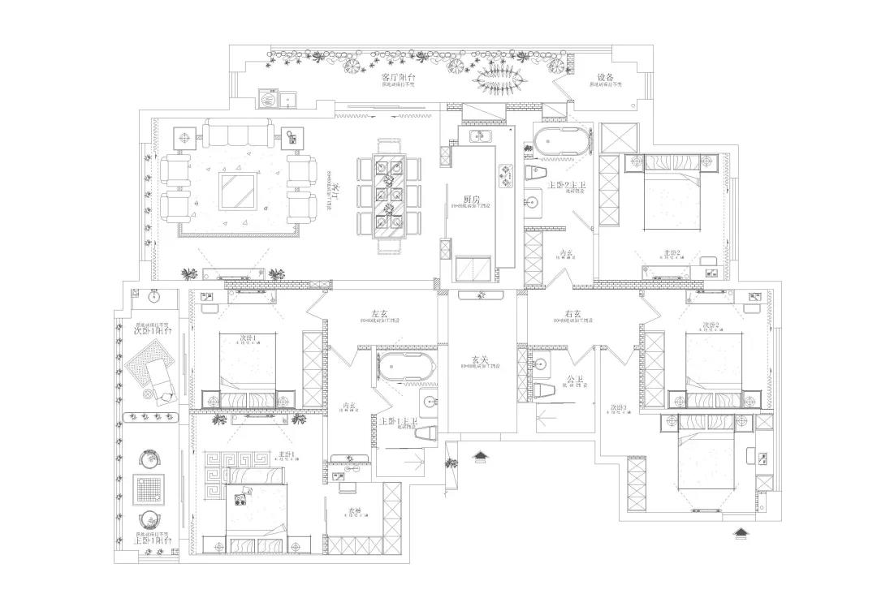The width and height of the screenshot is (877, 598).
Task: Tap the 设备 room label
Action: [605, 77]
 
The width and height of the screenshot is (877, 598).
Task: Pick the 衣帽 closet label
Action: [355, 510]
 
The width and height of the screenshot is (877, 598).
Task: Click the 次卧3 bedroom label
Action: [619, 407]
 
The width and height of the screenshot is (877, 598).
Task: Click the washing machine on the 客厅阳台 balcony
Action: [267, 98]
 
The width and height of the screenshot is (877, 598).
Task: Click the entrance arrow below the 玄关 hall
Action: [481, 457]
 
